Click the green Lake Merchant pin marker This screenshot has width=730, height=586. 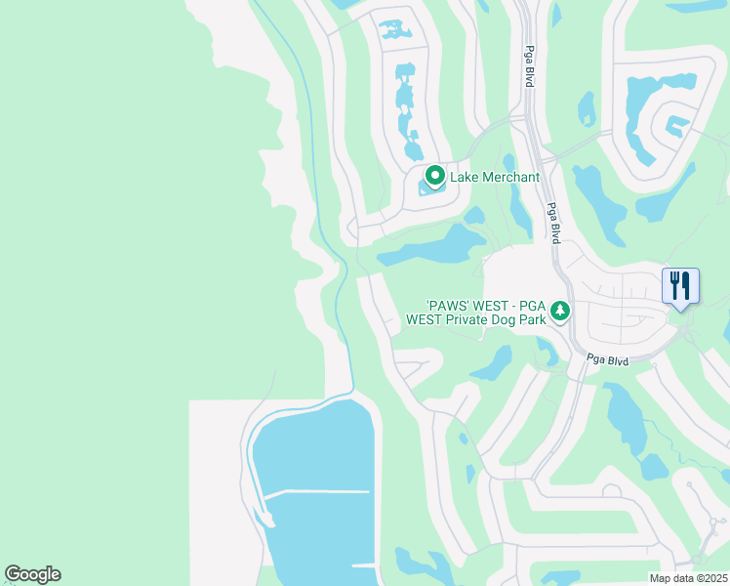pos(434,177)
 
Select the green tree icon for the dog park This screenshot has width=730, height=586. pos(559,311)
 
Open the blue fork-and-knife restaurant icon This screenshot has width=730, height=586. pos(680,286)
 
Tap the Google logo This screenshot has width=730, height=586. pos(32,574)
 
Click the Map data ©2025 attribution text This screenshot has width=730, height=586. pos(688,578)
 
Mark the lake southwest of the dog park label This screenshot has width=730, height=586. pos(493,364)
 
